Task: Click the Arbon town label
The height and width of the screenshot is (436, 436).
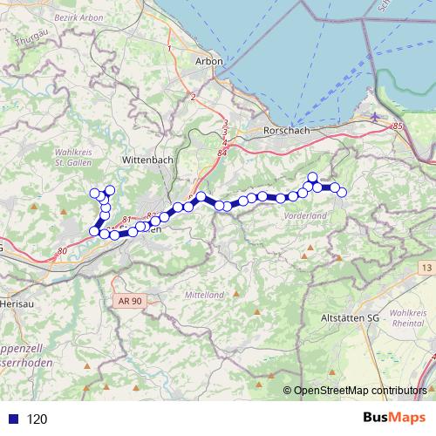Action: (x=212, y=61)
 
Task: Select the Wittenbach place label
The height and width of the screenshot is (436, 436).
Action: (x=147, y=161)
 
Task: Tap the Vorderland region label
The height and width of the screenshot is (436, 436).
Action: (x=305, y=215)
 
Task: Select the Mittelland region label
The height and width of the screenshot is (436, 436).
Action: (x=206, y=295)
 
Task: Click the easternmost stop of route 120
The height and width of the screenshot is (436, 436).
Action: (x=342, y=192)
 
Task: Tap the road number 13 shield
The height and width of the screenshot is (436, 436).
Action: (x=425, y=266)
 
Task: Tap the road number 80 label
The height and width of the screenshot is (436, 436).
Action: (x=61, y=252)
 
